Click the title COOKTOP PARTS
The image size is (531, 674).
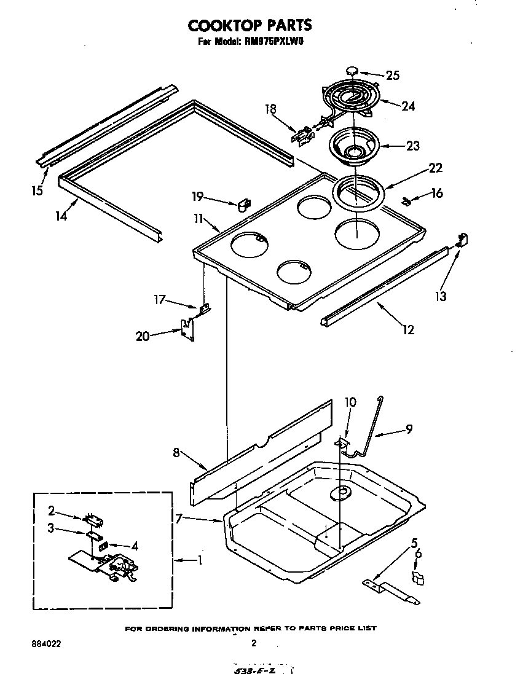[250, 25]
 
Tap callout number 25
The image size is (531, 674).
[392, 76]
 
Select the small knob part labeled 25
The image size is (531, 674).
[352, 71]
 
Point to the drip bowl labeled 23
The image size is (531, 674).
[353, 146]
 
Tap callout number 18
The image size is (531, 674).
[270, 109]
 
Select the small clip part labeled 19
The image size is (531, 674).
[244, 203]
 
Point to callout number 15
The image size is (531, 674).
[37, 190]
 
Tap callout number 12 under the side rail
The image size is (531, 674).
[408, 330]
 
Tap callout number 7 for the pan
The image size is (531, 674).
[178, 519]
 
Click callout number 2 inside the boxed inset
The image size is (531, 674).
[52, 510]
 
